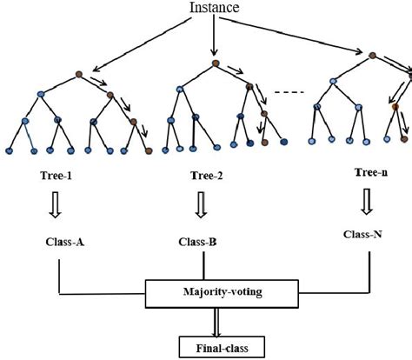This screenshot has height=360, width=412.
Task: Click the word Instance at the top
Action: [213, 8]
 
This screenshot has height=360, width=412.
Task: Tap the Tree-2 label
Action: [208, 176]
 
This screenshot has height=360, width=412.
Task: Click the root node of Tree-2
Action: [215, 63]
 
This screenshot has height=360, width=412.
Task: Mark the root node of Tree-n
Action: [372, 57]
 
